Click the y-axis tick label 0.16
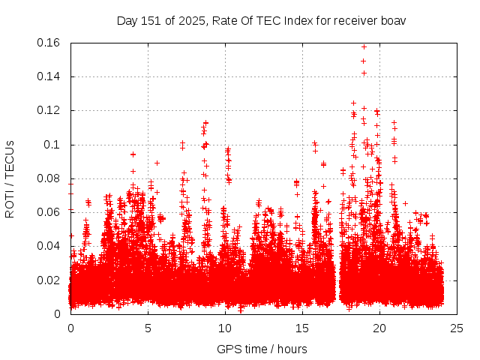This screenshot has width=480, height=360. (x=49, y=43)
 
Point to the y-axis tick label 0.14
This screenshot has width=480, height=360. (x=49, y=76)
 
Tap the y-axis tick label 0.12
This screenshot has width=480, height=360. (x=49, y=110)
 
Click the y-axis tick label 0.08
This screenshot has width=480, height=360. (x=49, y=178)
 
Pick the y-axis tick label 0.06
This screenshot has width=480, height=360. (x=49, y=212)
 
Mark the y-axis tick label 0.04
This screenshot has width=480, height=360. (x=49, y=246)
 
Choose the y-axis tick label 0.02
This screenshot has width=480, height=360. (x=49, y=280)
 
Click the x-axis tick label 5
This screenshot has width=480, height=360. (x=148, y=328)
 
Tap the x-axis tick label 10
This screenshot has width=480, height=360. (x=225, y=328)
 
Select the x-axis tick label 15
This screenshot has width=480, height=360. (x=302, y=328)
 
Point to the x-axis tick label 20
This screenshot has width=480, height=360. (x=379, y=328)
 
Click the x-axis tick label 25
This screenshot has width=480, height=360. (x=456, y=328)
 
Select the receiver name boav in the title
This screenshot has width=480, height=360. (x=391, y=20)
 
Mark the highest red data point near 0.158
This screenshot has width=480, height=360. (x=364, y=46)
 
